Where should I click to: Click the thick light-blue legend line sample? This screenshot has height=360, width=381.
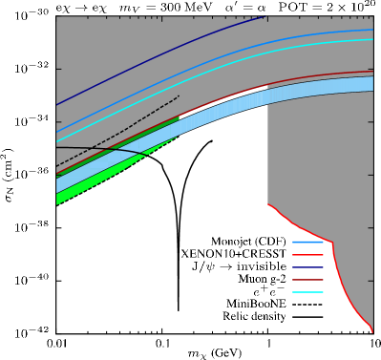(307, 243)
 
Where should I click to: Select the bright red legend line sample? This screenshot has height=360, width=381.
(307, 255)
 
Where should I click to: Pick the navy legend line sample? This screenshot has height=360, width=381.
(307, 267)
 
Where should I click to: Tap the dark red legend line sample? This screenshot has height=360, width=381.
(307, 280)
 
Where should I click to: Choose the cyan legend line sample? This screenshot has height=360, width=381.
(307, 292)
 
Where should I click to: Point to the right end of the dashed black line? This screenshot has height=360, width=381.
(180, 95)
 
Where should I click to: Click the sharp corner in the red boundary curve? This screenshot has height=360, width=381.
(331, 242)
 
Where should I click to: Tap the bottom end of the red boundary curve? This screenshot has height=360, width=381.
(371, 331)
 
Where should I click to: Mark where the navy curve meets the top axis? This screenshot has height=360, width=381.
(265, 16)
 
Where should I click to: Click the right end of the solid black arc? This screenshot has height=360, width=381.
(146, 156)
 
